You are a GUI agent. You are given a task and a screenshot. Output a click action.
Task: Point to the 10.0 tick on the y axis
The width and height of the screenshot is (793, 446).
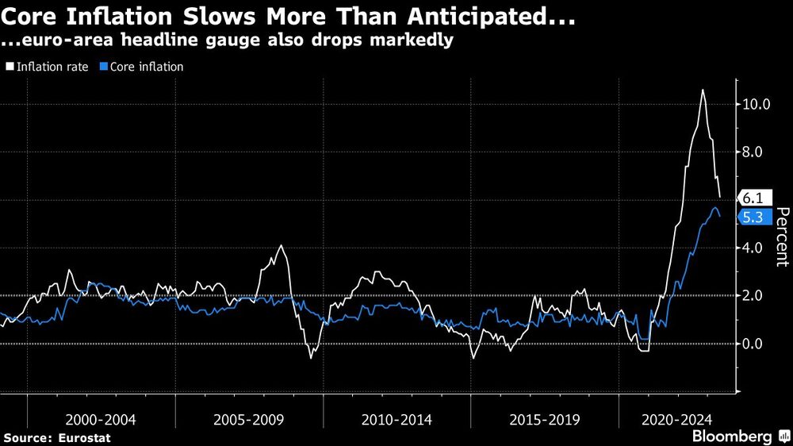(757, 104)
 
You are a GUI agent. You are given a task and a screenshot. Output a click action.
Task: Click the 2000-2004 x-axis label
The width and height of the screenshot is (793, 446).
(101, 419)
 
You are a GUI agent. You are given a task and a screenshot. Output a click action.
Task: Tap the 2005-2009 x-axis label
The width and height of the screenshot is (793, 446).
(249, 419)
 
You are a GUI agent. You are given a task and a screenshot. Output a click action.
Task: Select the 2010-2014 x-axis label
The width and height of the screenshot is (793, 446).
(396, 419)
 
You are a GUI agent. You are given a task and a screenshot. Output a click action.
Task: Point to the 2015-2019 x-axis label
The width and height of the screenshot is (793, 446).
(544, 419)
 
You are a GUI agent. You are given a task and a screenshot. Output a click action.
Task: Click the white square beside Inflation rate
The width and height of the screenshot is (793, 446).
(10, 67)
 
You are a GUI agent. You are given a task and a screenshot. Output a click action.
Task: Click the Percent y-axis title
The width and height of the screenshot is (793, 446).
(781, 236)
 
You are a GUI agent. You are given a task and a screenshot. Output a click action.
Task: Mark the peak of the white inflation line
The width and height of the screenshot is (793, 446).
(703, 90)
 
